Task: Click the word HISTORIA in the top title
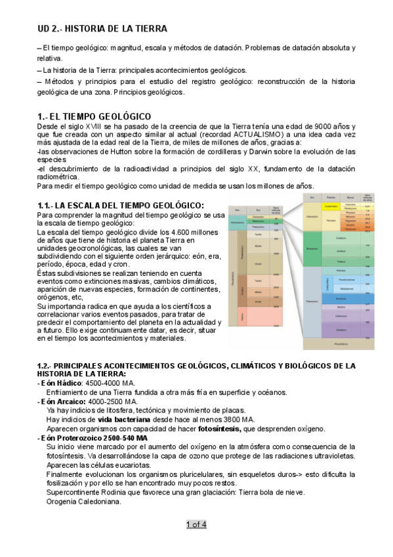pos(89,29)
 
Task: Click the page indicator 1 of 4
pos(196,524)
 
